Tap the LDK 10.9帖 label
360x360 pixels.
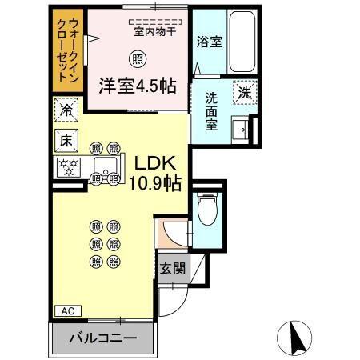[157, 171]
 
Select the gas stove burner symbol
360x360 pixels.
[67, 167]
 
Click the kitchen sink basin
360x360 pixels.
[104, 167]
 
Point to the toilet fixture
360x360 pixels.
[207, 210]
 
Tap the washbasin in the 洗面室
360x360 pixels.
[238, 129]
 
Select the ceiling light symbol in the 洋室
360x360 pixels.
[138, 58]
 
